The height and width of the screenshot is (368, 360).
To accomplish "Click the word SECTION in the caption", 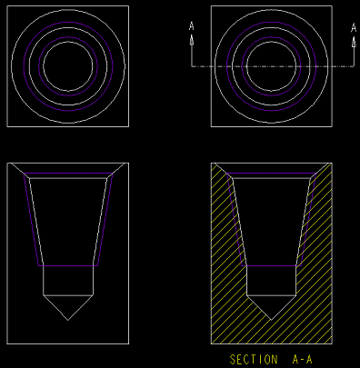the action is click(x=254, y=360).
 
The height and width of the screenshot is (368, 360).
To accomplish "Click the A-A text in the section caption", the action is click(x=302, y=360).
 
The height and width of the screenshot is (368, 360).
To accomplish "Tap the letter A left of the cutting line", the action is click(x=192, y=26).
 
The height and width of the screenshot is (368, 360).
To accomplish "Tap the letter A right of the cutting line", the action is click(x=354, y=27).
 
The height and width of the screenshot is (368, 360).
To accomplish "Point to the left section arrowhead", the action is click(x=192, y=40).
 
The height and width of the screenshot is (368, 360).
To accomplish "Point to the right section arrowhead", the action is click(x=354, y=41).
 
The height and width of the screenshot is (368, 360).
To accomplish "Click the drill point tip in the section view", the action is click(x=271, y=320).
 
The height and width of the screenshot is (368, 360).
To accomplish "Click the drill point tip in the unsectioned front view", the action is click(x=68, y=320).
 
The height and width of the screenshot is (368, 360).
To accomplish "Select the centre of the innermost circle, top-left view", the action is click(x=68, y=66).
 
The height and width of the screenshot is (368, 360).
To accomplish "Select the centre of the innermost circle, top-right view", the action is click(x=272, y=66).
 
